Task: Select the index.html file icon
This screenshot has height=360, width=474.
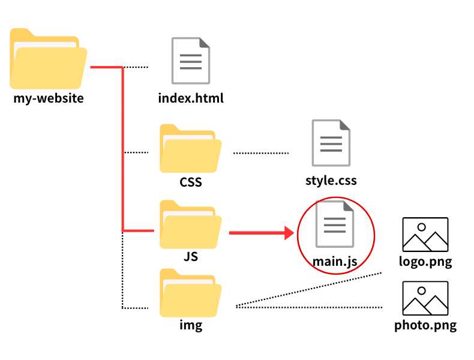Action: [191, 61]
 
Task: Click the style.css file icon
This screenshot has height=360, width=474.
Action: [331, 143]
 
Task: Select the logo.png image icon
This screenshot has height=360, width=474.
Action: [425, 235]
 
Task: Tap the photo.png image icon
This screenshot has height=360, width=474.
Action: [425, 298]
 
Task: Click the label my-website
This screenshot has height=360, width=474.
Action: [48, 98]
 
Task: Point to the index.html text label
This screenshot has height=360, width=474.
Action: [191, 98]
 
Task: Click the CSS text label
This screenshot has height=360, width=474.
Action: [190, 181]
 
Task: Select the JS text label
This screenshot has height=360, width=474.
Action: [190, 257]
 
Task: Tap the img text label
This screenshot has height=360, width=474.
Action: [190, 326]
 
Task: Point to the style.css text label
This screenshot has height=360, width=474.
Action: [331, 179]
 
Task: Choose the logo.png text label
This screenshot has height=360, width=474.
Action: [425, 262]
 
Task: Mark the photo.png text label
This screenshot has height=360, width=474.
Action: [425, 326]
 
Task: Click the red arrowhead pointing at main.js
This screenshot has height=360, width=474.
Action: [289, 232]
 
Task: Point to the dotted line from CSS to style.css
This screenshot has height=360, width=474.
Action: [260, 153]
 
